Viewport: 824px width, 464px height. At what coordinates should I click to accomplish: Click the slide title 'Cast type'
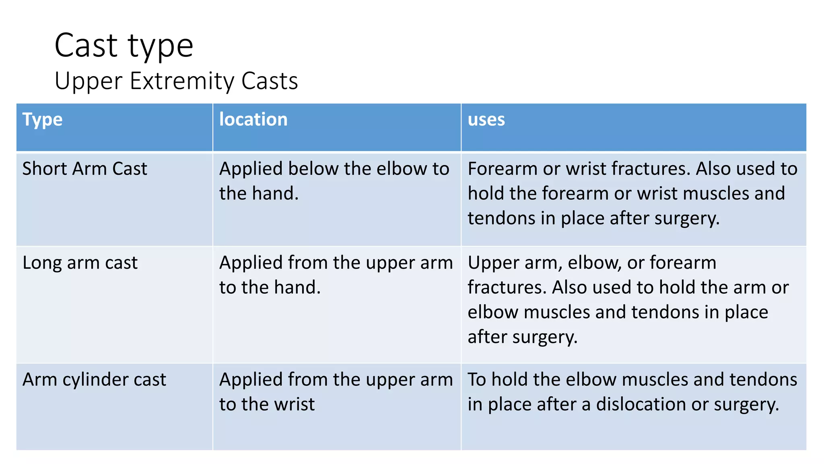(x=124, y=46)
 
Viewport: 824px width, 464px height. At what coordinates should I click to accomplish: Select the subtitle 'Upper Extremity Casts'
(x=176, y=81)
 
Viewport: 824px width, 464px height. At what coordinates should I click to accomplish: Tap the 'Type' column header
(x=42, y=120)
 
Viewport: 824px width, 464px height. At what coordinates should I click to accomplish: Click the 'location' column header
(x=253, y=120)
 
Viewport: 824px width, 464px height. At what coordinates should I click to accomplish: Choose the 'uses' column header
(x=486, y=120)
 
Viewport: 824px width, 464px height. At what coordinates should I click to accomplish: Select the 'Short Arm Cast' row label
(x=84, y=169)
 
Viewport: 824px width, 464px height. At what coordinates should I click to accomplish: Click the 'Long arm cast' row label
(x=80, y=263)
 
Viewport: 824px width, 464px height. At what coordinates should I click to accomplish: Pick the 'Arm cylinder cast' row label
(x=94, y=380)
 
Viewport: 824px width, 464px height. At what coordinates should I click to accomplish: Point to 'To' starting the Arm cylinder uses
(x=477, y=380)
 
